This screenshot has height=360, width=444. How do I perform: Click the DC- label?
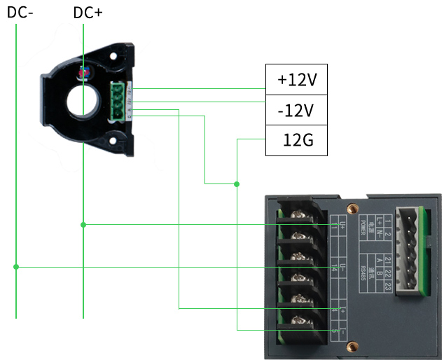pyautogui.click(x=20, y=12)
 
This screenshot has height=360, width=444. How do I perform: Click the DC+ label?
pyautogui.click(x=88, y=12)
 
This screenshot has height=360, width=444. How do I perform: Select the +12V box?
pyautogui.click(x=297, y=80)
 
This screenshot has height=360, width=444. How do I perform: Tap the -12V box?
pyautogui.click(x=297, y=111)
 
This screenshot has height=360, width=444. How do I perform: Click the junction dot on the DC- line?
pyautogui.click(x=15, y=267)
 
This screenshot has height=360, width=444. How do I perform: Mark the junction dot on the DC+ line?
pyautogui.click(x=83, y=225)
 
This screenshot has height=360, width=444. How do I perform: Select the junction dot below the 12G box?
pyautogui.click(x=237, y=184)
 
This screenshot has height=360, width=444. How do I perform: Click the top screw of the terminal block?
pyautogui.click(x=297, y=214)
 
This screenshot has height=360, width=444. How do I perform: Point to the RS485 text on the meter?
pyautogui.click(x=364, y=270)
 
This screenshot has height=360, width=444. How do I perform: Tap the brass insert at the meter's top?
pyautogui.click(x=354, y=209)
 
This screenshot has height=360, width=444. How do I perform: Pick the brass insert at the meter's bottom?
pyautogui.click(x=354, y=345)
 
